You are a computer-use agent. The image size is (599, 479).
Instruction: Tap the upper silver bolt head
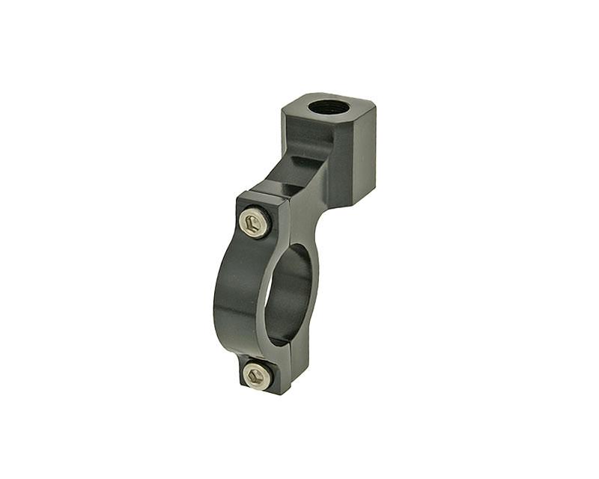click(x=255, y=223)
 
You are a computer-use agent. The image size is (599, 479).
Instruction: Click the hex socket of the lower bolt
click(x=257, y=374)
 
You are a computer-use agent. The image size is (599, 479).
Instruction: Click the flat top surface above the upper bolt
click(x=262, y=197)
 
